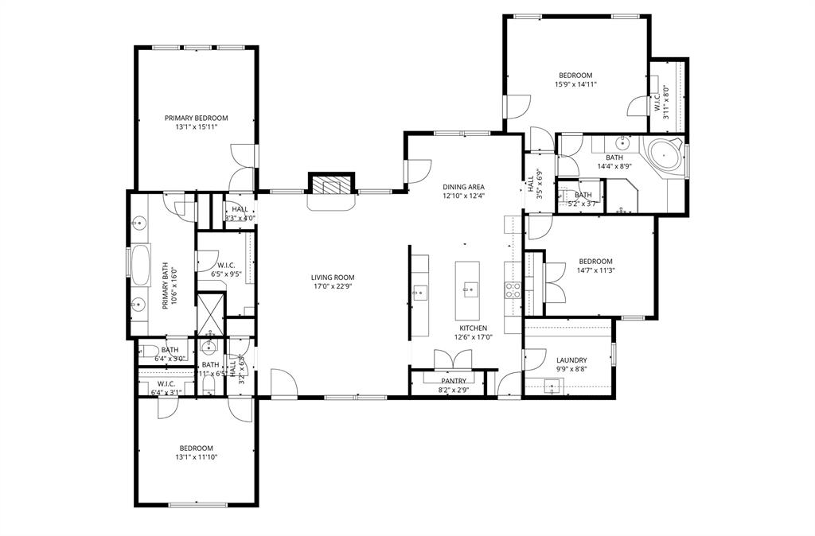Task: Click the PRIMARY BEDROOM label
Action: pos(196,118)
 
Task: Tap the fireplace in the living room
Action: pos(330,185)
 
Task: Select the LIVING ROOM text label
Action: pos(332,278)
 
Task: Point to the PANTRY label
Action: pos(454,381)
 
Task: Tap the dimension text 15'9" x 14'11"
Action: pos(575,84)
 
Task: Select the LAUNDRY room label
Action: pos(571,359)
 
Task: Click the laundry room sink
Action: pos(552,387)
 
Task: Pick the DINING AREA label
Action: pos(464,187)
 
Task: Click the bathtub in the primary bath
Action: pos(142,265)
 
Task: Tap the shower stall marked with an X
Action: pos(210,312)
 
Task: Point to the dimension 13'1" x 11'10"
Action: pos(196,457)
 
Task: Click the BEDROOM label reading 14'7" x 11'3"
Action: pos(595,262)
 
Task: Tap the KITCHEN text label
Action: pos(473,328)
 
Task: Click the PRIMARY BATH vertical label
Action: pos(168,287)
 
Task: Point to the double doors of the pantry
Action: pos(454,360)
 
